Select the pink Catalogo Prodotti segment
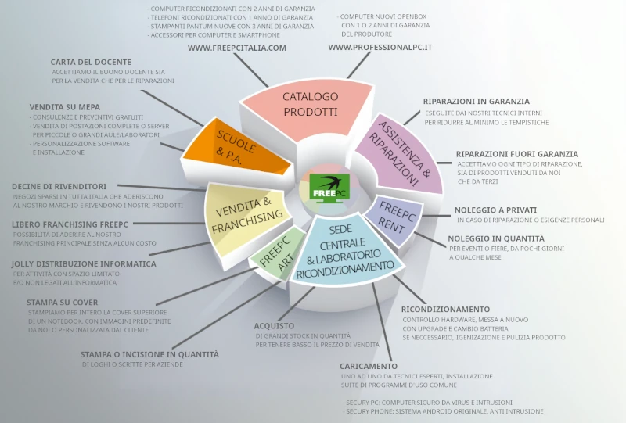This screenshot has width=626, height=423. click(x=311, y=104)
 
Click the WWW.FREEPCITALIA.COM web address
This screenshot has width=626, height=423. click(x=237, y=48)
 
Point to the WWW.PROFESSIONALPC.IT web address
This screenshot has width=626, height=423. click(x=380, y=48)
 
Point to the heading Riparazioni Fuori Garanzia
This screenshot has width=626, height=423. click(x=517, y=154)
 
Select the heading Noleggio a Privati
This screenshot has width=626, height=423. click(x=495, y=210)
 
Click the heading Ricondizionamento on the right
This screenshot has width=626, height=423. click(x=445, y=309)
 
